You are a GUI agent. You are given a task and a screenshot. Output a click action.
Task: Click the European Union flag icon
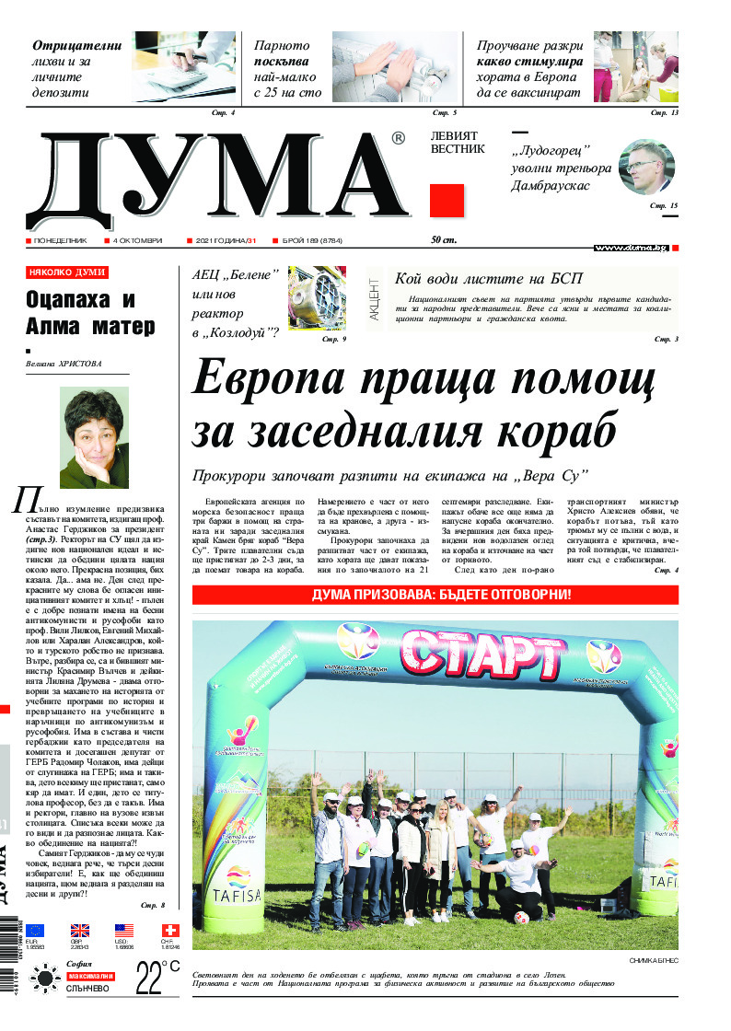pos(36,931)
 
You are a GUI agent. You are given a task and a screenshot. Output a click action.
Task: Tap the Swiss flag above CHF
pos(170,931)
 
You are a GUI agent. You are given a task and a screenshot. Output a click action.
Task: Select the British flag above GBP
pos(80,931)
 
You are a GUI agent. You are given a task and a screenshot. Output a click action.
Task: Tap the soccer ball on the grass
pos(521,918)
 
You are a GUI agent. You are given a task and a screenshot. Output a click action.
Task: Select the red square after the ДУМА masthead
pos(446,201)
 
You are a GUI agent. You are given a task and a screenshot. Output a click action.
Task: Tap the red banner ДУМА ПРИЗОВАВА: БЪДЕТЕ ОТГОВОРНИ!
pos(435,595)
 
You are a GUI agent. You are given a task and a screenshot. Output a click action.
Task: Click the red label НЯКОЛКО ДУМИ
pos(67,273)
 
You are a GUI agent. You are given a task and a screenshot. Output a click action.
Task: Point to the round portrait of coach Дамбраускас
pos(646,167)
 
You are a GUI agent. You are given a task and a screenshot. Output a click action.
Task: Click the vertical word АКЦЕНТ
pos(374,298)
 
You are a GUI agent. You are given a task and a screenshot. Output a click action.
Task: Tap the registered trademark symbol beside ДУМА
pos(398,139)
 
